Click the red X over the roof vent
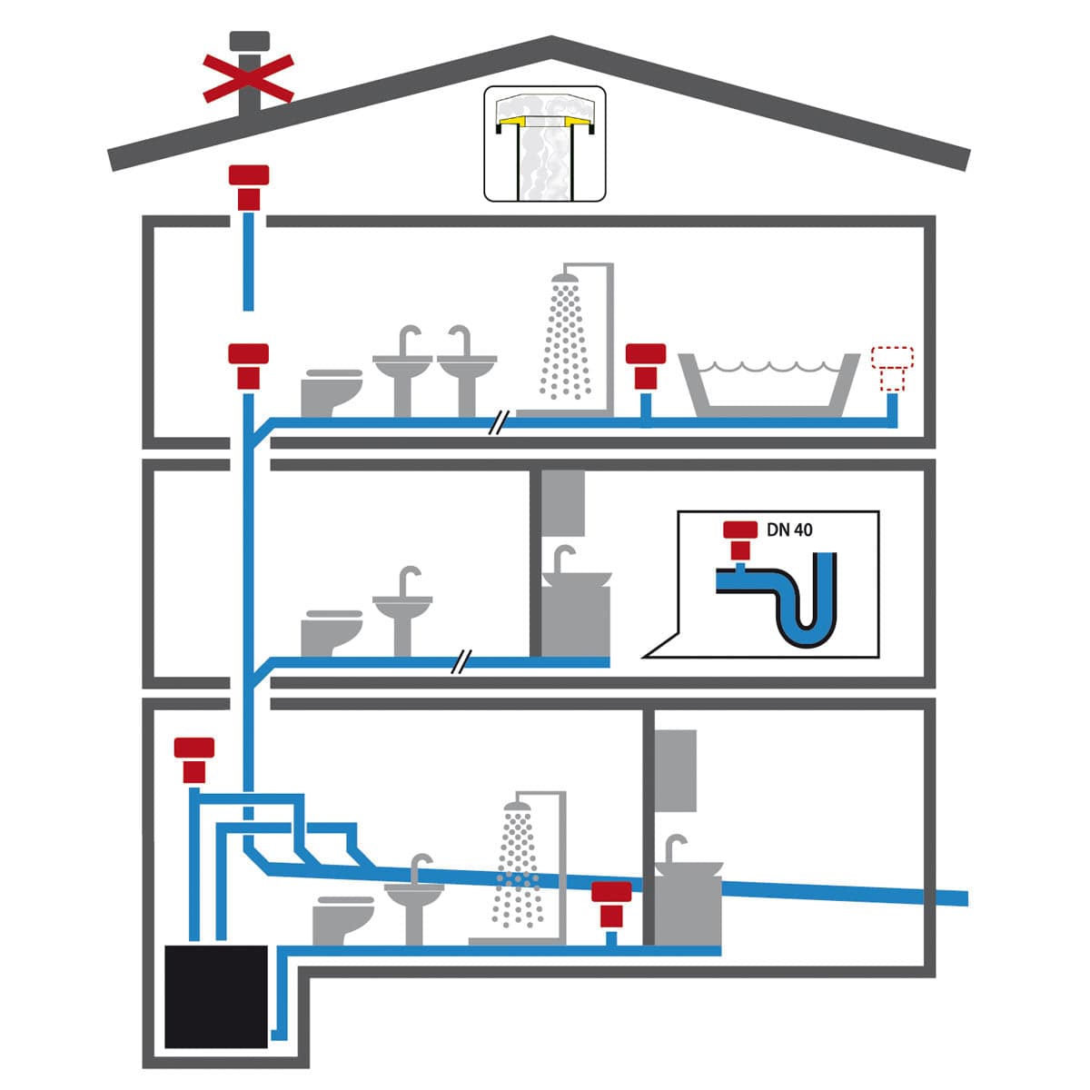pos(248,79)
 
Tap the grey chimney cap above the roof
pos(250,40)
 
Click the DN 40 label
pos(789,530)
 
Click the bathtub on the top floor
pos(769,385)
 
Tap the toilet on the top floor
pos(331,392)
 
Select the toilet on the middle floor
pos(331,633)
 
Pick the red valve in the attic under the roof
pos(248,188)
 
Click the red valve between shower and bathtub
pos(646,367)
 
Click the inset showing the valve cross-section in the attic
pos(545,144)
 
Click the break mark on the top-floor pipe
pos(499,423)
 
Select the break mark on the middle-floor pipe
pos(461,662)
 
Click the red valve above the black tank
pos(194,760)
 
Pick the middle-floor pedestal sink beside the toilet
pos(402,611)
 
